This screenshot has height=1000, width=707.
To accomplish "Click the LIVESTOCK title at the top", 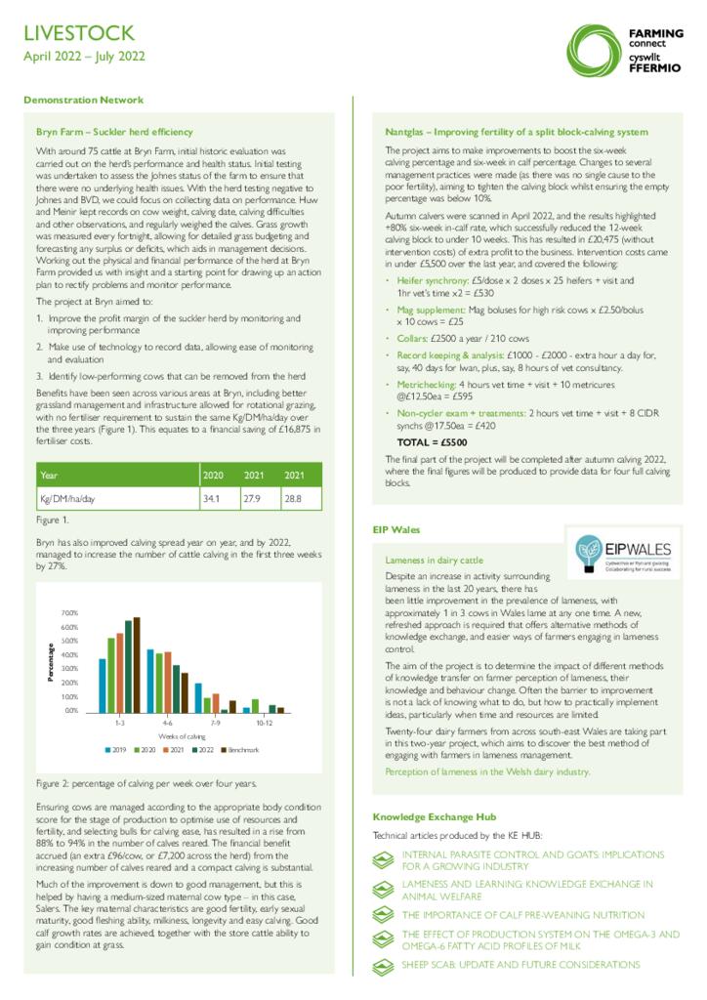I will (x=79, y=34).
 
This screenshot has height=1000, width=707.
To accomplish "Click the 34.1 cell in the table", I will (x=209, y=499).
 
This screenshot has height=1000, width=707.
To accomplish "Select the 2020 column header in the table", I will (x=212, y=476).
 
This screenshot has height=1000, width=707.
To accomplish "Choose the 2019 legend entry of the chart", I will (x=116, y=749).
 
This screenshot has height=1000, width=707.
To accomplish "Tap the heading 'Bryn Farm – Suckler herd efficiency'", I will (x=114, y=130).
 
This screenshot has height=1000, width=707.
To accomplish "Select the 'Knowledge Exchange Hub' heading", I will (x=434, y=816).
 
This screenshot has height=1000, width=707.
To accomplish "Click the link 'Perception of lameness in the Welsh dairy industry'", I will (x=487, y=771).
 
